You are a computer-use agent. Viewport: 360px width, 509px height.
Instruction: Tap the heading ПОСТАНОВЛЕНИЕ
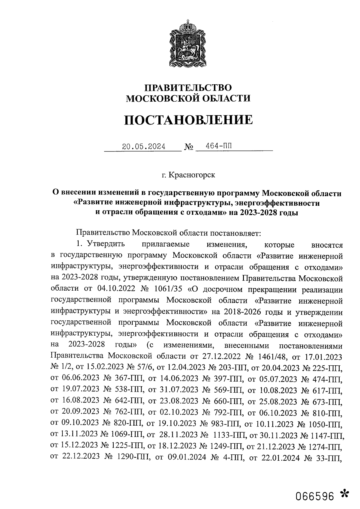point(188,120)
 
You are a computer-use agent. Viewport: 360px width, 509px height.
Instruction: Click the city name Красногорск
point(192,175)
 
